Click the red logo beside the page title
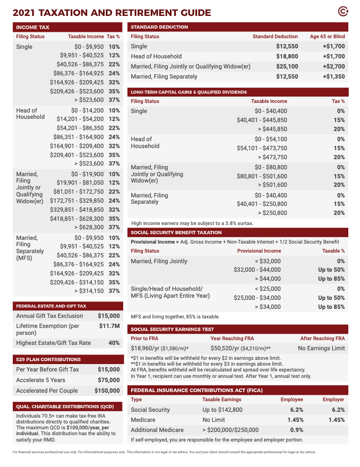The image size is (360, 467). (x=343, y=12)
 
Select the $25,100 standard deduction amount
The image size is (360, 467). (x=287, y=66)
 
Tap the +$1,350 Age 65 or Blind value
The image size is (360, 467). (x=333, y=76)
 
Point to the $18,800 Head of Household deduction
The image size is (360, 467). (x=287, y=56)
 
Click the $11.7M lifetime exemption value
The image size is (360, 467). (x=109, y=326)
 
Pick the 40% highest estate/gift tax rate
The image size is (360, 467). (x=114, y=343)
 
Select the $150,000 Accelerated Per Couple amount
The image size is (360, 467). (x=107, y=391)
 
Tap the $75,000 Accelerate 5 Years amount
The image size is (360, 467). (x=109, y=380)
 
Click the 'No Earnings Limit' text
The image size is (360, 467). (x=321, y=348)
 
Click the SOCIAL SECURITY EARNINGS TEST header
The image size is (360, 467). (x=173, y=329)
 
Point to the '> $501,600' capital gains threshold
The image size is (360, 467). (x=272, y=185)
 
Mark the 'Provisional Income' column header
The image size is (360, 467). (x=259, y=250)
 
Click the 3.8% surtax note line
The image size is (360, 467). (x=192, y=223)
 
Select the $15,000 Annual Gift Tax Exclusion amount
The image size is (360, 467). (x=109, y=316)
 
